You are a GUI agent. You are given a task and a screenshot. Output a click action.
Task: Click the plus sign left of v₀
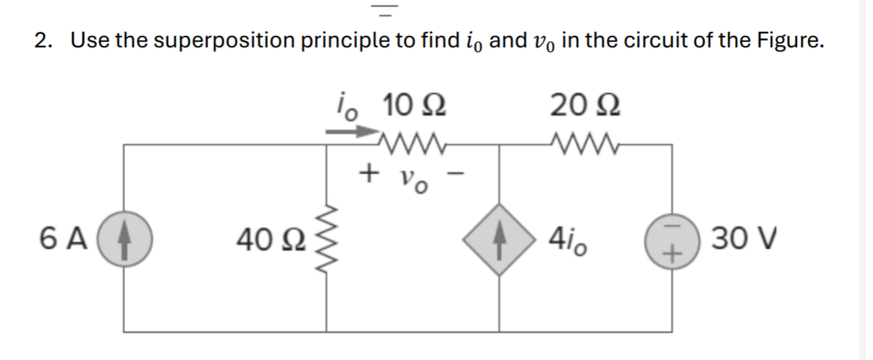(369, 171)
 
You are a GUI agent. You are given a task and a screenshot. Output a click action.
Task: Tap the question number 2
(40, 40)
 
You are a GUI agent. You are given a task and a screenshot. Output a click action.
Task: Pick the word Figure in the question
(785, 40)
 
